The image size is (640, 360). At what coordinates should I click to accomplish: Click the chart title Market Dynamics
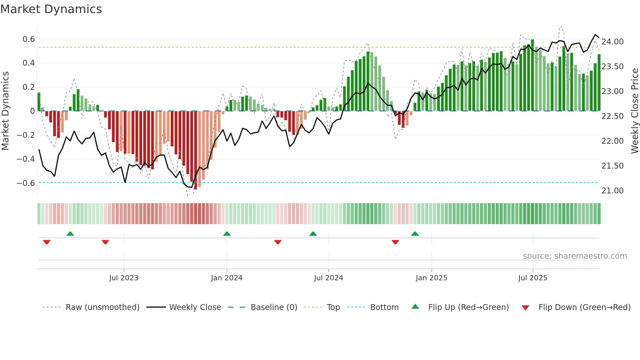(x=51, y=9)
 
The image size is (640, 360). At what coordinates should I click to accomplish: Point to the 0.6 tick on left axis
(x=28, y=39)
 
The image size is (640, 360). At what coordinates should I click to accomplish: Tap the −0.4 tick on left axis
(x=25, y=159)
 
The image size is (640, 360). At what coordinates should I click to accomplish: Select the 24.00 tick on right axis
(x=612, y=42)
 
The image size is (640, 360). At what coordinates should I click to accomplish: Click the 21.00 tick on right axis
(x=612, y=191)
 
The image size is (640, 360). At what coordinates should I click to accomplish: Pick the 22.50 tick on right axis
(x=612, y=116)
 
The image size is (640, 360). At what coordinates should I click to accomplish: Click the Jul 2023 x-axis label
(x=124, y=278)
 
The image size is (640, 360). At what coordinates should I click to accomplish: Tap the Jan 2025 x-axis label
(x=431, y=278)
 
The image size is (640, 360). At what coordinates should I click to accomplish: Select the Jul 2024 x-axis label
(x=328, y=278)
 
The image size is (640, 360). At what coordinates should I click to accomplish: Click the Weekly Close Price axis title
(x=634, y=111)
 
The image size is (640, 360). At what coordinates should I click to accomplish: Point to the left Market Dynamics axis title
(x=6, y=111)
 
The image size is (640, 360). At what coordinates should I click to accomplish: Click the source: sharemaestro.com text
(x=575, y=256)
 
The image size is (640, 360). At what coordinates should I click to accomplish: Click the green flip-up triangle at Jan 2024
(x=227, y=234)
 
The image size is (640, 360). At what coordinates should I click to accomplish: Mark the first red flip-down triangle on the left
(x=47, y=242)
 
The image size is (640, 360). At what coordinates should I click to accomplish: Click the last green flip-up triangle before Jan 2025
(x=415, y=234)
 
